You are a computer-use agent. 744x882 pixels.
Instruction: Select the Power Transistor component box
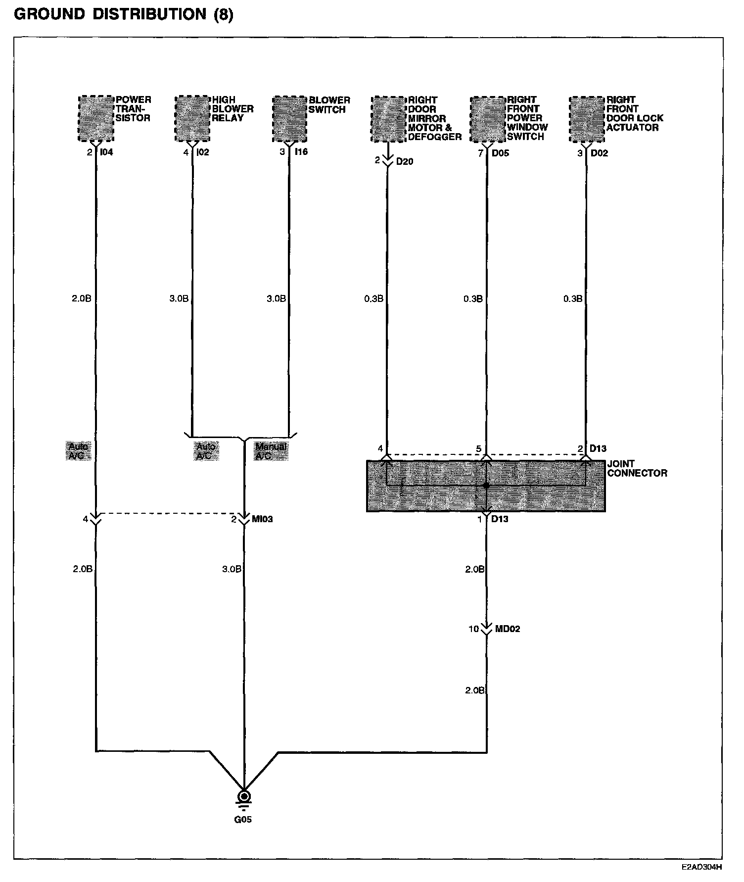pyautogui.click(x=96, y=118)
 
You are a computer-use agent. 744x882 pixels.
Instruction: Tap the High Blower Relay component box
pyautogui.click(x=192, y=118)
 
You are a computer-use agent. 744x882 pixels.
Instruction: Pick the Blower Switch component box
pyautogui.click(x=289, y=118)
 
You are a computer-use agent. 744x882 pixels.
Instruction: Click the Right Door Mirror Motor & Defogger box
pyautogui.click(x=388, y=119)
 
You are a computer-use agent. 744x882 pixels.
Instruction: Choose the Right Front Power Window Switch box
pyautogui.click(x=487, y=119)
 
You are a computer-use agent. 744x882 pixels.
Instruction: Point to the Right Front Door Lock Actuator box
pyautogui.click(x=587, y=119)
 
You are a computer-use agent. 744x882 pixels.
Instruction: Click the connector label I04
pyautogui.click(x=106, y=152)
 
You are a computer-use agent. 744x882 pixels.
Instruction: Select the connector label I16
pyautogui.click(x=301, y=152)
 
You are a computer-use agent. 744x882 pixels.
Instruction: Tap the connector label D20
pyautogui.click(x=405, y=161)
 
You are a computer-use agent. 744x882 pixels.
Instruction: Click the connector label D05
pyautogui.click(x=500, y=153)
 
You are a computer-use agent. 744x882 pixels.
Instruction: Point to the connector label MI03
pyautogui.click(x=262, y=519)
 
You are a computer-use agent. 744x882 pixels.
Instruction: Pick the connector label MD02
pyautogui.click(x=508, y=629)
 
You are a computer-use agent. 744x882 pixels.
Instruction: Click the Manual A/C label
pyautogui.click(x=271, y=451)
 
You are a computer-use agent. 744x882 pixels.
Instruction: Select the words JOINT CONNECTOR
pyautogui.click(x=637, y=468)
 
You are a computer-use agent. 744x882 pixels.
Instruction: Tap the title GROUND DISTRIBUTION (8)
pyautogui.click(x=124, y=15)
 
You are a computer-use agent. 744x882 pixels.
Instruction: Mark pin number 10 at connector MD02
pyautogui.click(x=474, y=629)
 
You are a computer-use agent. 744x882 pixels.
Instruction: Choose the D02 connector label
pyautogui.click(x=600, y=153)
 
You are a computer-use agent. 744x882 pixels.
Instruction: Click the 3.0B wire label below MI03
pyautogui.click(x=232, y=569)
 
